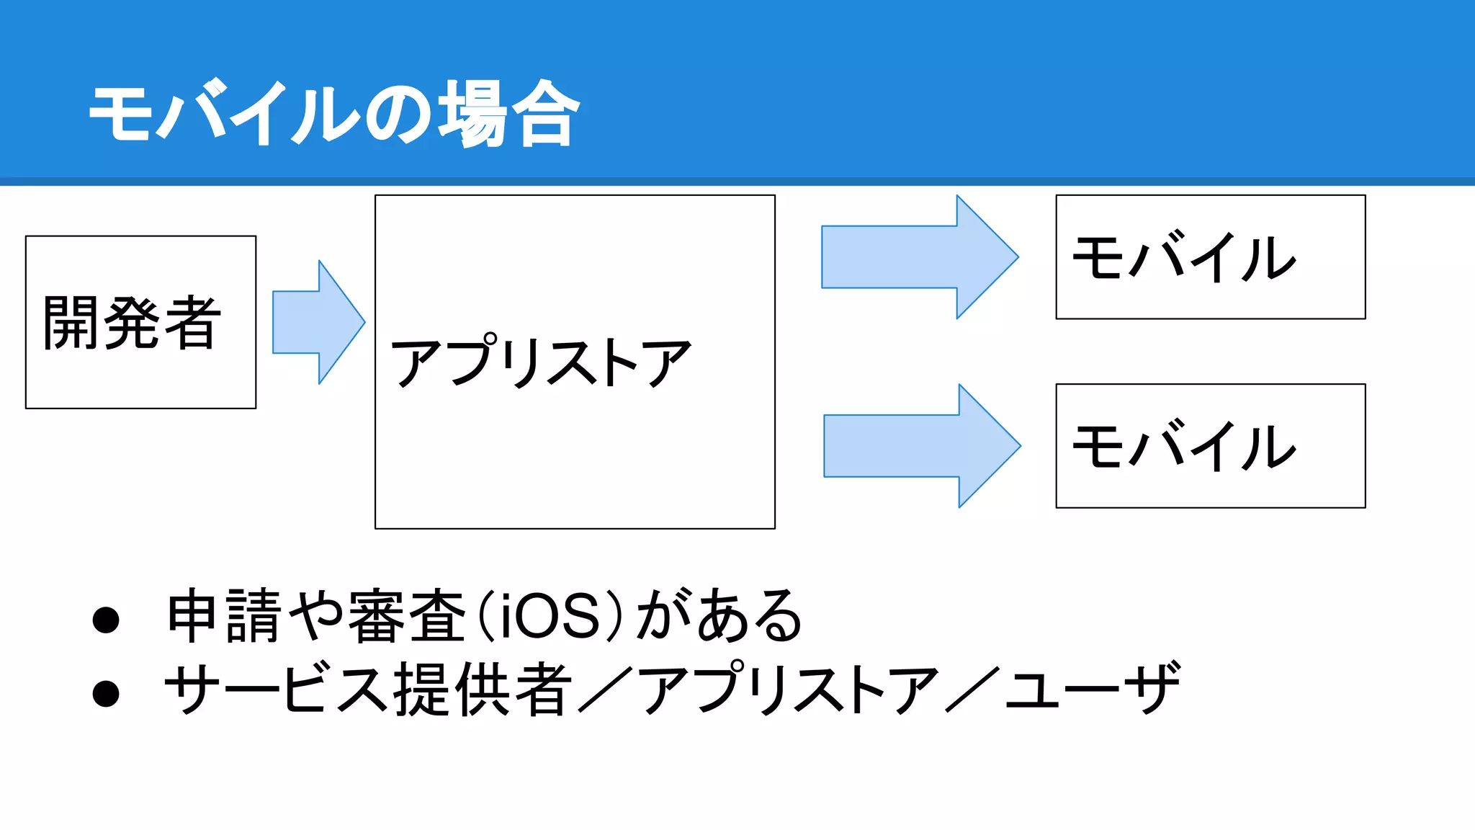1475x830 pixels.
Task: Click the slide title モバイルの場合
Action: (x=335, y=113)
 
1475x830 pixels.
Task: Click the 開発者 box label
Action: (x=133, y=323)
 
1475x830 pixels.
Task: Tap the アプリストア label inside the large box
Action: (x=540, y=362)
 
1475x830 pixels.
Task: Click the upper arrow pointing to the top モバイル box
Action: (x=919, y=257)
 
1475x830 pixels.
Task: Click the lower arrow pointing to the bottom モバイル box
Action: (x=921, y=446)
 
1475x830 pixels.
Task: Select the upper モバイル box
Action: (x=1210, y=257)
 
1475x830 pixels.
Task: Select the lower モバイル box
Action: (x=1210, y=446)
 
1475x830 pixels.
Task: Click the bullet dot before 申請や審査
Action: (x=106, y=620)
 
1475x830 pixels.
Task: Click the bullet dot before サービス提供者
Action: (x=106, y=693)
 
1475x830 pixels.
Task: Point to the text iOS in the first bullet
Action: (x=549, y=617)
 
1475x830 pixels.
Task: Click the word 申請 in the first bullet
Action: (x=224, y=616)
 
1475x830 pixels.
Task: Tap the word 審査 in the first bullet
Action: (x=408, y=616)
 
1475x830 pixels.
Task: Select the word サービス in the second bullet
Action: (x=277, y=690)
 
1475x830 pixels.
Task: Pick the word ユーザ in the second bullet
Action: (x=1093, y=690)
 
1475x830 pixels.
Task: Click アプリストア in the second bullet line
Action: (x=789, y=690)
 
